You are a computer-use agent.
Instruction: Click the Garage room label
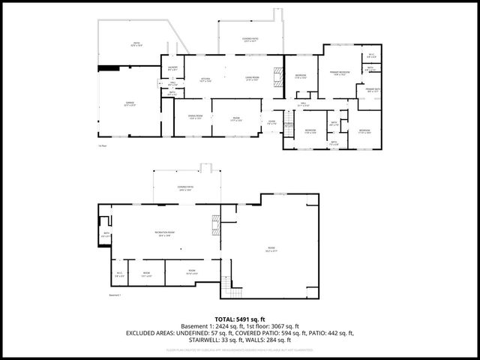(x=129, y=104)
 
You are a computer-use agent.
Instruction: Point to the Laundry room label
(x=172, y=67)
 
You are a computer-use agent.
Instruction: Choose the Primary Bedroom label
(x=340, y=73)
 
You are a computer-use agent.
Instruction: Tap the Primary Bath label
(x=373, y=91)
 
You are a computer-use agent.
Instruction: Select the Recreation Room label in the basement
(x=166, y=233)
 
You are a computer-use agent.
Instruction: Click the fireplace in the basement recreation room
(x=217, y=225)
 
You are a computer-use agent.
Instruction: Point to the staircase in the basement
(x=227, y=287)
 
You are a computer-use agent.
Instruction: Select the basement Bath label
(x=106, y=235)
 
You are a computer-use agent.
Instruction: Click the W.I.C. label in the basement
(x=119, y=274)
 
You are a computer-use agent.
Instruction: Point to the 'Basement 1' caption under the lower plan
(x=115, y=296)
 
